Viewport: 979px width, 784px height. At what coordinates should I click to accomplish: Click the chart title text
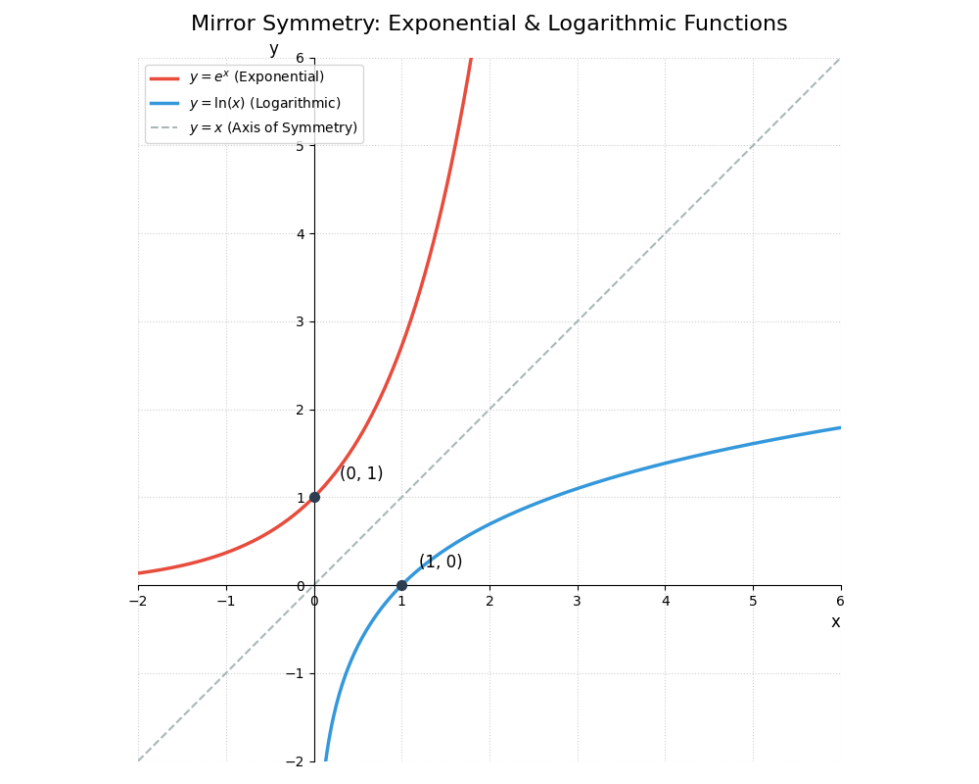click(489, 24)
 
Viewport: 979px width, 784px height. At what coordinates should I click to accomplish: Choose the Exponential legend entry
click(256, 77)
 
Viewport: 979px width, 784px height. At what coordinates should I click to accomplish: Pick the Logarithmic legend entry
click(264, 103)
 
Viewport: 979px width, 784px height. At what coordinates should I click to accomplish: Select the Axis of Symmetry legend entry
click(273, 128)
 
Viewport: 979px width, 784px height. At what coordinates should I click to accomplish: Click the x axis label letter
click(835, 622)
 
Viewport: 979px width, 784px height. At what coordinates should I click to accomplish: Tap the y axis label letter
click(273, 49)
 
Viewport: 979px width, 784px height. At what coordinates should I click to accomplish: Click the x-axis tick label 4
click(665, 601)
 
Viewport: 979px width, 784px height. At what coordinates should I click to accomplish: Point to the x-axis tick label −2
click(138, 601)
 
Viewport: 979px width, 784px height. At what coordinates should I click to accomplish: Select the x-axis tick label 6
click(840, 601)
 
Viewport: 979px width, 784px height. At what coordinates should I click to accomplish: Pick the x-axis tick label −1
click(226, 601)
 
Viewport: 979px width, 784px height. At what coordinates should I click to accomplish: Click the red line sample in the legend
click(164, 77)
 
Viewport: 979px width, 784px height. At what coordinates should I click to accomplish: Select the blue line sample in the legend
click(164, 103)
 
